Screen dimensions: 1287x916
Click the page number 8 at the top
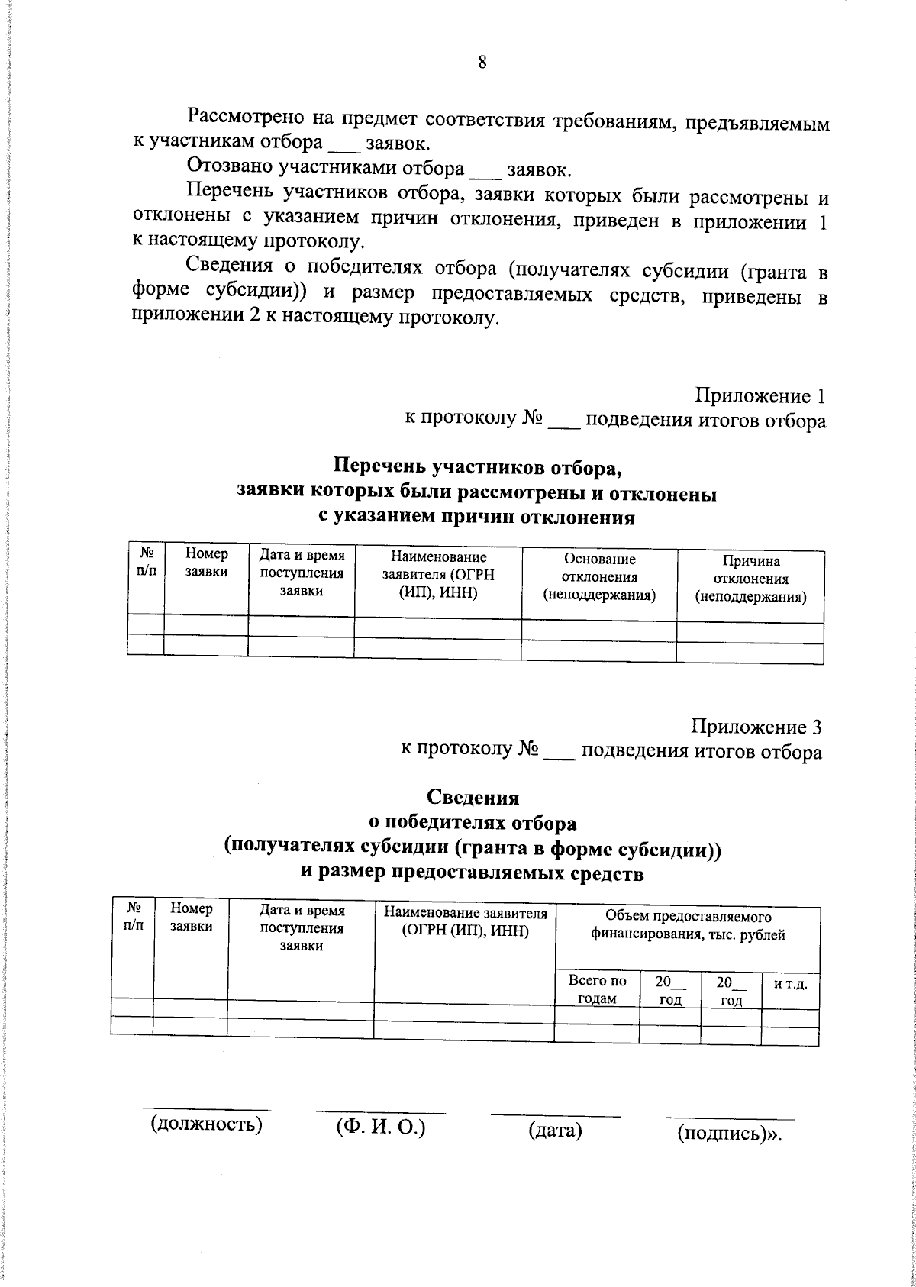(x=482, y=63)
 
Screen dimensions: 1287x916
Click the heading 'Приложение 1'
(x=760, y=396)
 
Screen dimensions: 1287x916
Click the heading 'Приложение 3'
(x=756, y=727)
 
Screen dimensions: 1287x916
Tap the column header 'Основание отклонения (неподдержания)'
(x=599, y=577)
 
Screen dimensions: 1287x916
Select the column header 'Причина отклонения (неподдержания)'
(x=750, y=579)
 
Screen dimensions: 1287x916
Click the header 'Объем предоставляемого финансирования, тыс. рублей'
(x=688, y=926)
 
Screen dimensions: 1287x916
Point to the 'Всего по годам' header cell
(x=597, y=990)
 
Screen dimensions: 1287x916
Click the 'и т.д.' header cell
(x=790, y=984)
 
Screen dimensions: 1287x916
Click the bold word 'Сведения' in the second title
(x=473, y=798)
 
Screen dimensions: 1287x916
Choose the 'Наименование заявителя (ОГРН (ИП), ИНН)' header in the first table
(x=437, y=576)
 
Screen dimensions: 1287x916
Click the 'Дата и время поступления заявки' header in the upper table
(x=302, y=573)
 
